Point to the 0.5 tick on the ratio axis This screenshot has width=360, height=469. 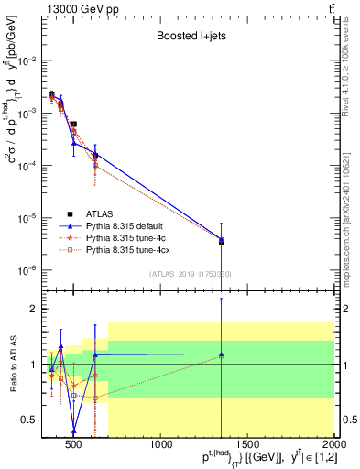[29, 420]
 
